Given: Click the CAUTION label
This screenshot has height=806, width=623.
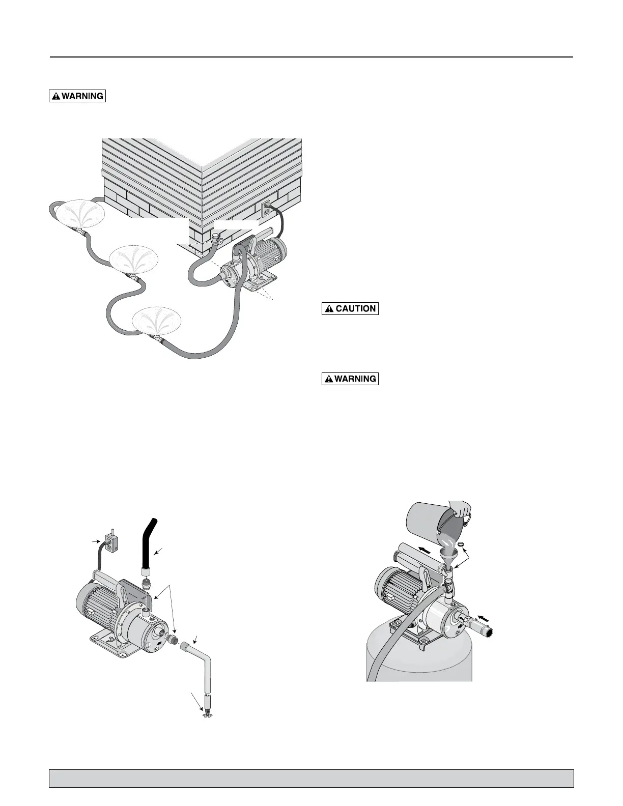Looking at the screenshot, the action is point(350,308).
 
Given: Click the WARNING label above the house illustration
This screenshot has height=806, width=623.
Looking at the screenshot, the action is point(77,96).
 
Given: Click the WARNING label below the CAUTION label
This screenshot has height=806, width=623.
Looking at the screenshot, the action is point(350,379).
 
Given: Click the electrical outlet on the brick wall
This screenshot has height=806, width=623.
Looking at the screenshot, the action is point(266,209).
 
